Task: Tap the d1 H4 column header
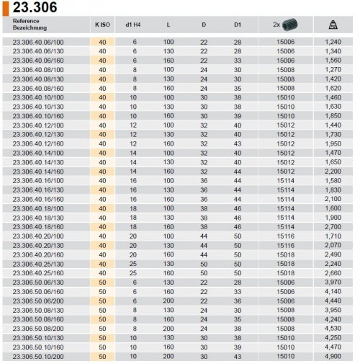[x=135, y=25]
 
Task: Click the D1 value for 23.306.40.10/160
[x=238, y=116]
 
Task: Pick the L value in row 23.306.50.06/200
[x=168, y=299]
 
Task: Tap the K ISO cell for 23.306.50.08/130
[x=102, y=308]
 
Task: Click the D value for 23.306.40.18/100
[x=204, y=208]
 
